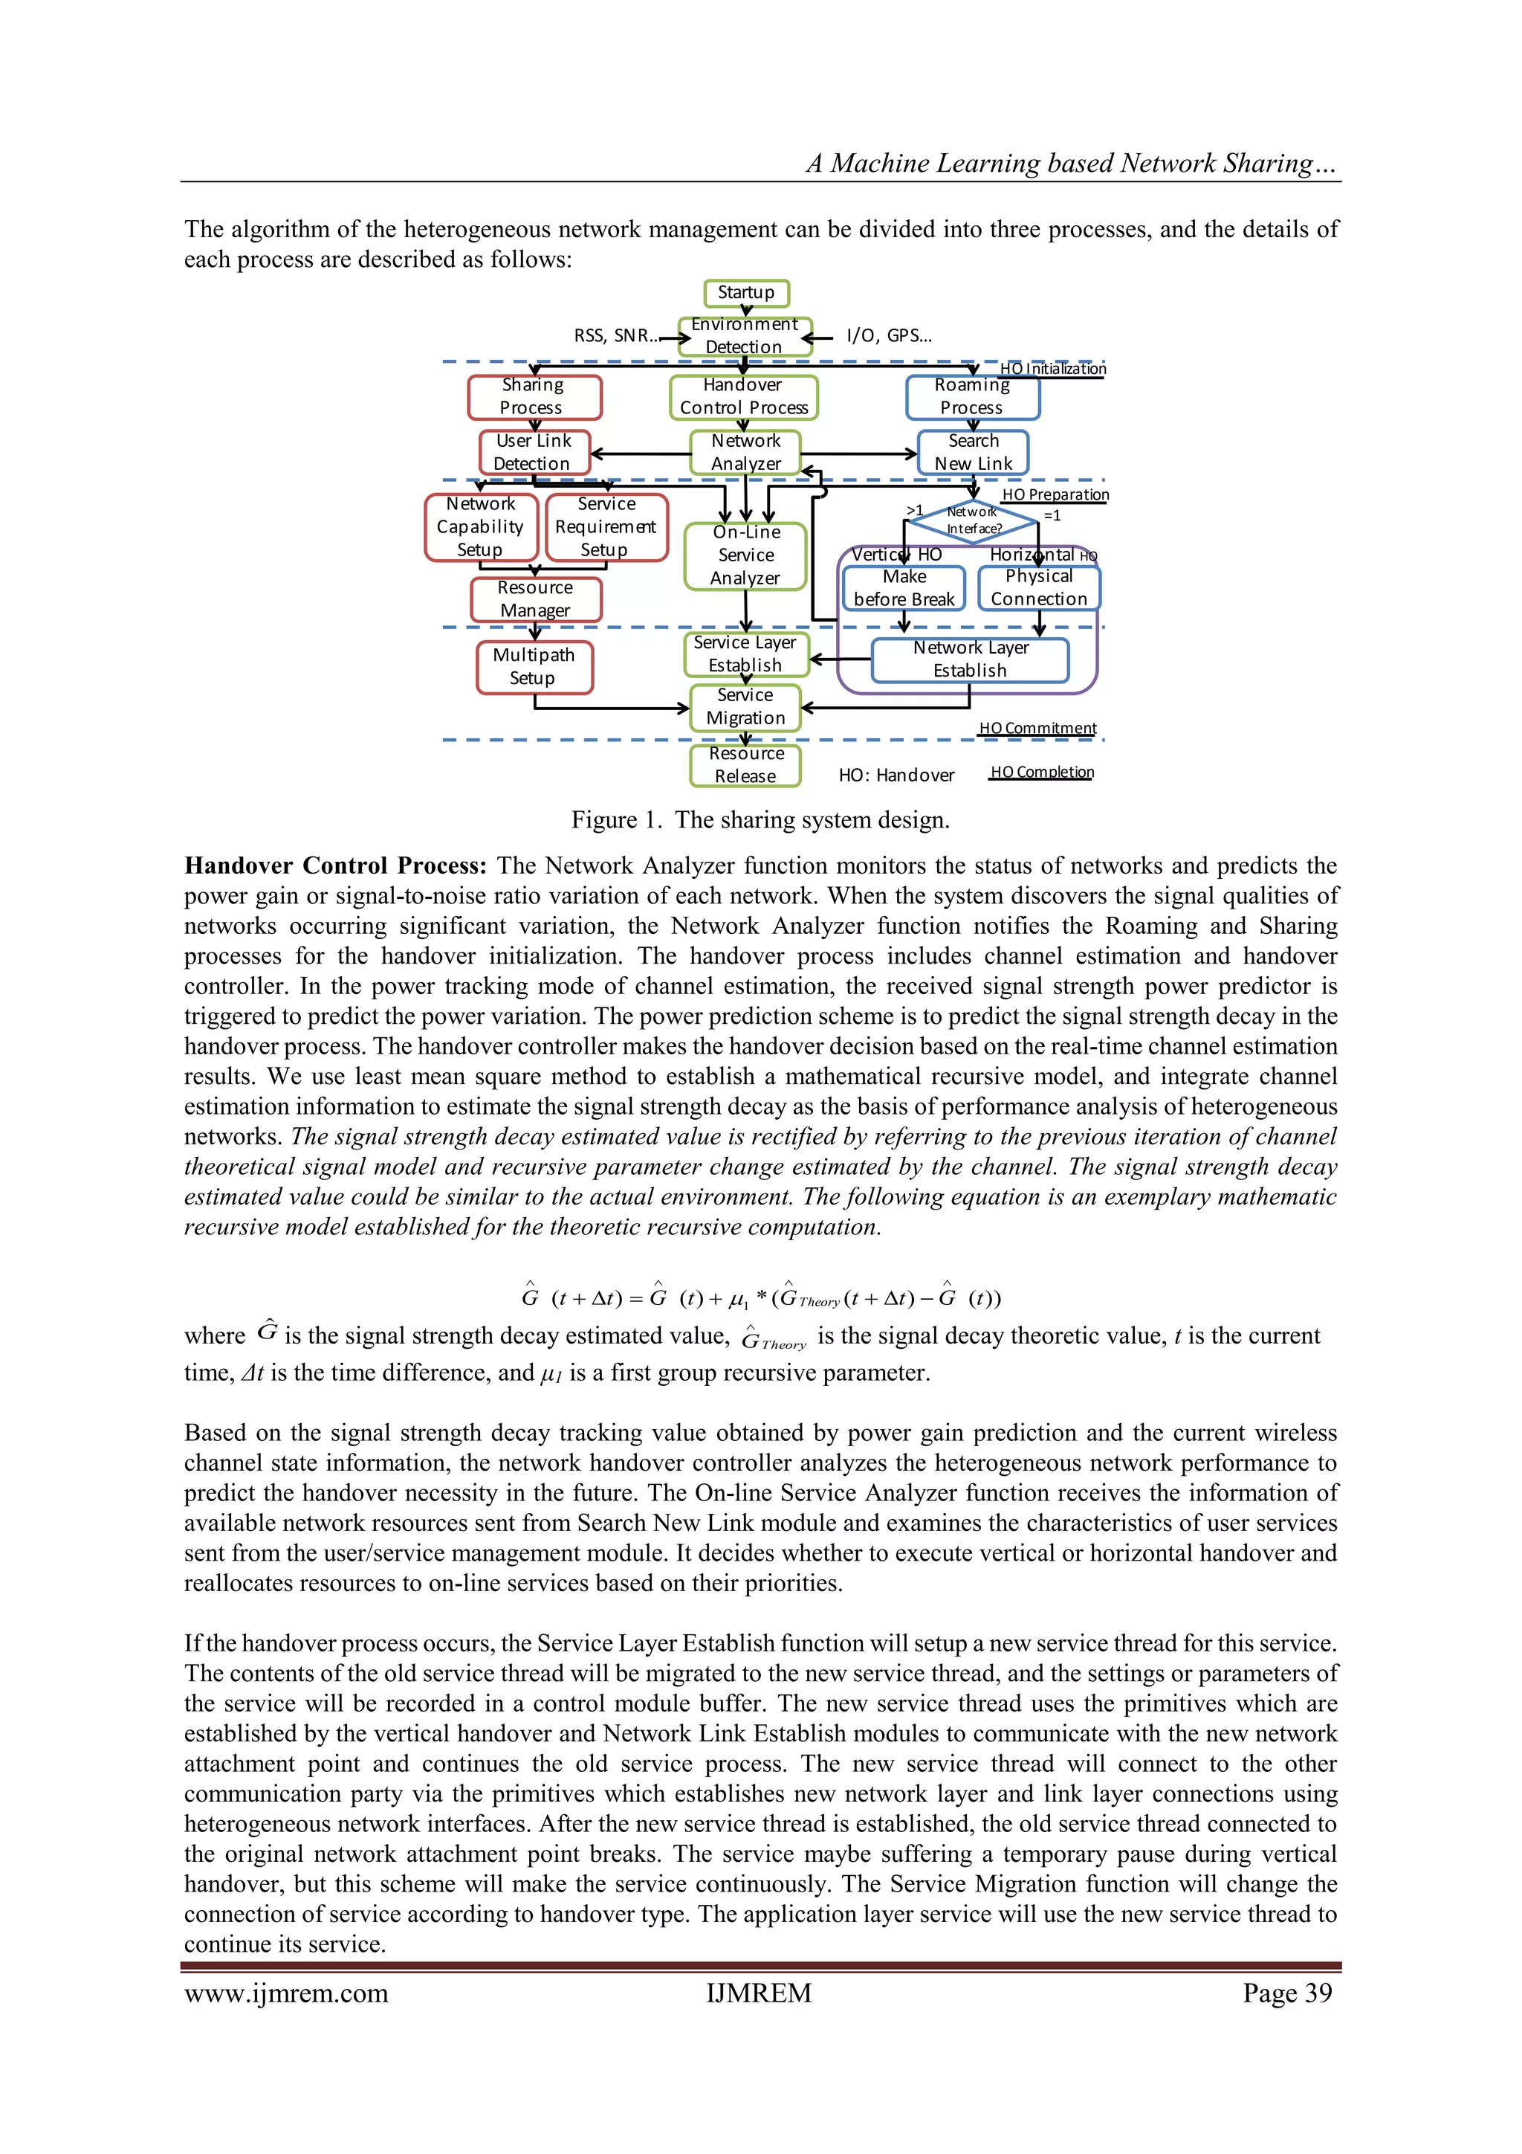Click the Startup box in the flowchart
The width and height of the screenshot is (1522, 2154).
[745, 293]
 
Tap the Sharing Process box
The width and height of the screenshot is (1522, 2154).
[534, 397]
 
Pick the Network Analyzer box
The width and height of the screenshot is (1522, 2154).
[745, 452]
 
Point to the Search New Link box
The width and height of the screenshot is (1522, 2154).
[973, 452]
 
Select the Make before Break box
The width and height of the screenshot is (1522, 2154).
[903, 588]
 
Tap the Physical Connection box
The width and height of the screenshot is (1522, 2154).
[1038, 588]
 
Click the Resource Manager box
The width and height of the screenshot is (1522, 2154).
[536, 599]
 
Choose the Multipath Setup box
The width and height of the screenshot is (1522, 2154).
[534, 666]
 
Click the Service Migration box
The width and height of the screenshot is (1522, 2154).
[745, 707]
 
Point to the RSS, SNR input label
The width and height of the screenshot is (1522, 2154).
[615, 336]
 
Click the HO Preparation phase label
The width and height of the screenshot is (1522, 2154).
[1055, 494]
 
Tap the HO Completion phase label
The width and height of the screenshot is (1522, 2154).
[1042, 772]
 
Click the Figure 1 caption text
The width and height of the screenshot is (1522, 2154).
[760, 820]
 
